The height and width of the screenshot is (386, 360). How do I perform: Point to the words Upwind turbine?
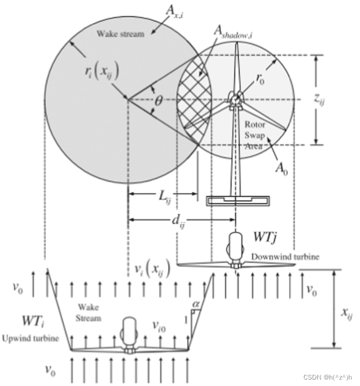pos(30,339)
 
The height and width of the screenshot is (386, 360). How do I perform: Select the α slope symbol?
pos(196,304)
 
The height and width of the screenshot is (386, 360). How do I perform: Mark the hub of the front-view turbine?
pos(234,99)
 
